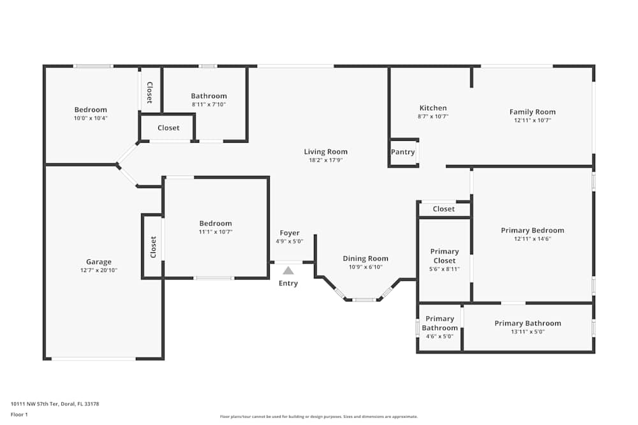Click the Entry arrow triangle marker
(x=288, y=270)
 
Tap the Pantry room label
(x=403, y=152)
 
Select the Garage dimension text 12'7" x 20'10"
(x=99, y=270)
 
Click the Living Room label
(x=325, y=152)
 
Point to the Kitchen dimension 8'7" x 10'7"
(x=433, y=117)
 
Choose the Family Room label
(x=532, y=112)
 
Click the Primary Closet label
(x=444, y=256)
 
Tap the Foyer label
(x=290, y=233)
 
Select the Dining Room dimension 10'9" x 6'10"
(x=365, y=267)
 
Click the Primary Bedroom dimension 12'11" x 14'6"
(x=532, y=240)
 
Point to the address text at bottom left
(x=55, y=403)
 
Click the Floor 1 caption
(x=19, y=414)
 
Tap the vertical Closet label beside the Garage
(x=153, y=247)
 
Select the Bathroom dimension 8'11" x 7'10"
(x=209, y=104)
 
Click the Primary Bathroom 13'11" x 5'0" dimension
(x=528, y=331)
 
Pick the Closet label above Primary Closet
(x=443, y=209)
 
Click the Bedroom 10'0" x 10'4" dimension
(x=91, y=118)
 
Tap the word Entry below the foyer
(x=288, y=284)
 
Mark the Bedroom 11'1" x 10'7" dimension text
(x=216, y=232)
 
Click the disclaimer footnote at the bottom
(x=319, y=417)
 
